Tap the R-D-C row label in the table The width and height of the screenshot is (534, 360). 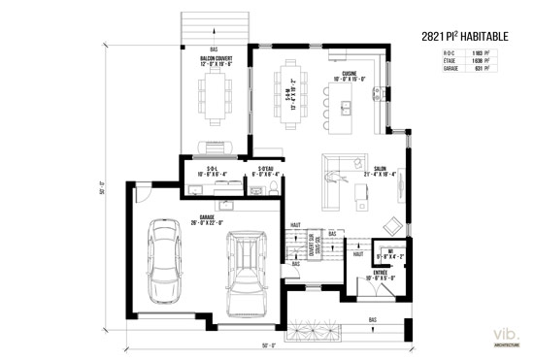449,53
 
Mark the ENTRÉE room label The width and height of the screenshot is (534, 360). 381,275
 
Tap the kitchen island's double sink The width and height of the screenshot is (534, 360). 345,101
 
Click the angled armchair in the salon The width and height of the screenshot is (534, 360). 337,176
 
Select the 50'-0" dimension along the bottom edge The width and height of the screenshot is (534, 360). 268,346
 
